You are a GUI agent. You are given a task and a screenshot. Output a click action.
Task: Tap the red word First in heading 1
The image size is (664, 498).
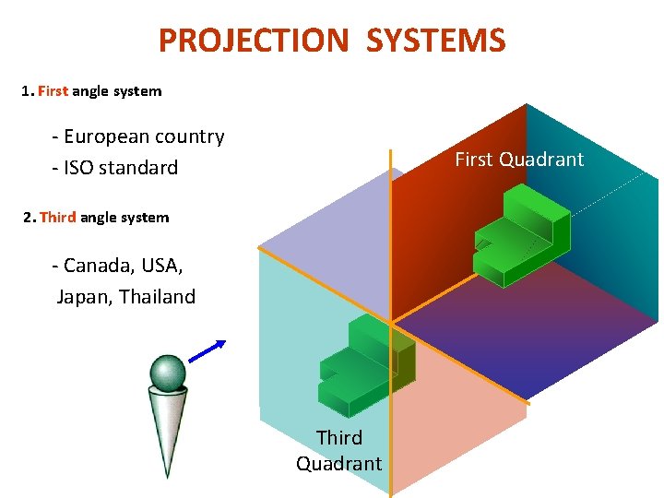(53, 91)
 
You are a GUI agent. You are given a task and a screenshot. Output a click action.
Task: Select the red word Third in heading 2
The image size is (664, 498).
(58, 218)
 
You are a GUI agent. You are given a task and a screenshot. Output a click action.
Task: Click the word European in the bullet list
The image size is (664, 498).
(107, 136)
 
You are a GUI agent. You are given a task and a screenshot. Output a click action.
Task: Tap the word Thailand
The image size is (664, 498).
(158, 297)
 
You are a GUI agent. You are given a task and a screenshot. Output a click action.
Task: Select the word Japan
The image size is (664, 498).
(84, 297)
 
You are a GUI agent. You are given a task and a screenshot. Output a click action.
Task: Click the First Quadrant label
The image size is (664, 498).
(519, 160)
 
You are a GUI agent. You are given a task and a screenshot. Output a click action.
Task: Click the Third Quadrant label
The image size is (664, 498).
(338, 450)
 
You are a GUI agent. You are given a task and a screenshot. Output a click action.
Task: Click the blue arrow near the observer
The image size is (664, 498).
(208, 351)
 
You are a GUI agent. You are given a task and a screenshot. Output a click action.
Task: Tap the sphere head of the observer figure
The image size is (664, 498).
(167, 373)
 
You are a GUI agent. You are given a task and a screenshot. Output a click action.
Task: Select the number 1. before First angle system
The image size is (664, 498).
(28, 91)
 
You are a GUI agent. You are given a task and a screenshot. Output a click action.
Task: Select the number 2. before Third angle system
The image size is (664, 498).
(30, 218)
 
